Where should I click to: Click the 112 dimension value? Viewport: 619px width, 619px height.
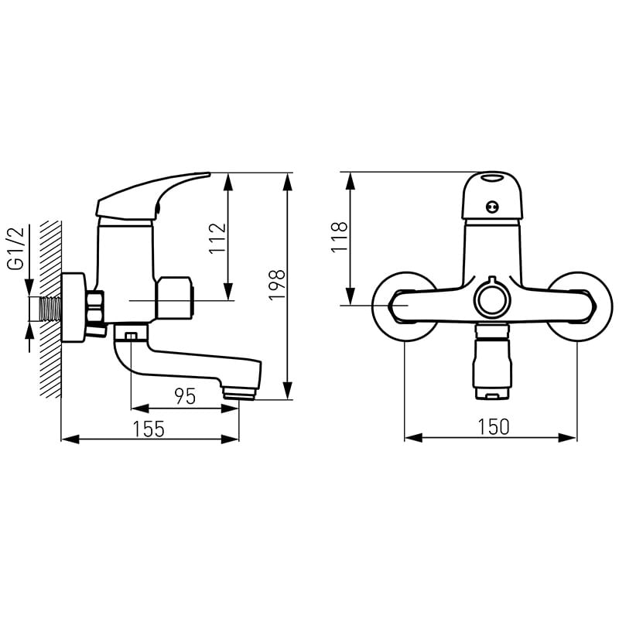tap(217, 238)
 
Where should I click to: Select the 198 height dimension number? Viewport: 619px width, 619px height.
tap(276, 285)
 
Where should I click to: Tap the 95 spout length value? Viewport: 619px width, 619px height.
tap(185, 396)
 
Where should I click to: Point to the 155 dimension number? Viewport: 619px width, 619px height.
tap(149, 429)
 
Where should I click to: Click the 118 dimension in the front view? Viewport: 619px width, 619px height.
tap(339, 237)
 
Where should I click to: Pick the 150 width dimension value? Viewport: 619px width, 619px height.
tap(494, 427)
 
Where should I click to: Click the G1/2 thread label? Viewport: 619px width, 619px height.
tap(16, 248)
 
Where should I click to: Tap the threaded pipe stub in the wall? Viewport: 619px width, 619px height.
tap(50, 309)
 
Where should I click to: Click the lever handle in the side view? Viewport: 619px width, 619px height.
tap(153, 196)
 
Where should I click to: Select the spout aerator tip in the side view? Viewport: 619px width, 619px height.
tap(239, 393)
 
